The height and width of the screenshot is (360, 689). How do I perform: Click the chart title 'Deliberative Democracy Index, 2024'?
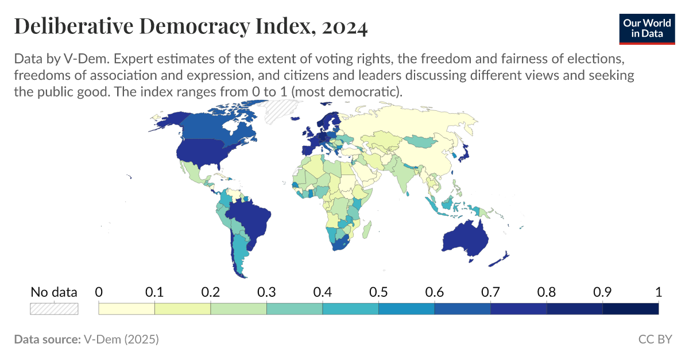tap(190, 26)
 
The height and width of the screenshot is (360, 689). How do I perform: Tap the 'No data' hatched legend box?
tap(54, 308)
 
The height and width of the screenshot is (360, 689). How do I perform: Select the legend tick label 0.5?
tap(378, 292)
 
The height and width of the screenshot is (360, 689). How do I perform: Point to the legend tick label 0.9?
tap(602, 292)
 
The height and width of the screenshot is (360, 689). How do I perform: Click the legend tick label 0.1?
tap(154, 292)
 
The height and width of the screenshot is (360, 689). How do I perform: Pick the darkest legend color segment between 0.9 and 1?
tap(630, 308)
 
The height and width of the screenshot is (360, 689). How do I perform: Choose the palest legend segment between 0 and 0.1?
tap(127, 308)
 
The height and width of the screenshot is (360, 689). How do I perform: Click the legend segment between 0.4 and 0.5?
tap(350, 308)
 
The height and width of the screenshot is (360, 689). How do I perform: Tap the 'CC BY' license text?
tap(655, 339)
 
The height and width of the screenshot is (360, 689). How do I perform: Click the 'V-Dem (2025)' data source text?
tap(121, 339)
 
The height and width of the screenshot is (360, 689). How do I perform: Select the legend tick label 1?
tap(658, 292)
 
